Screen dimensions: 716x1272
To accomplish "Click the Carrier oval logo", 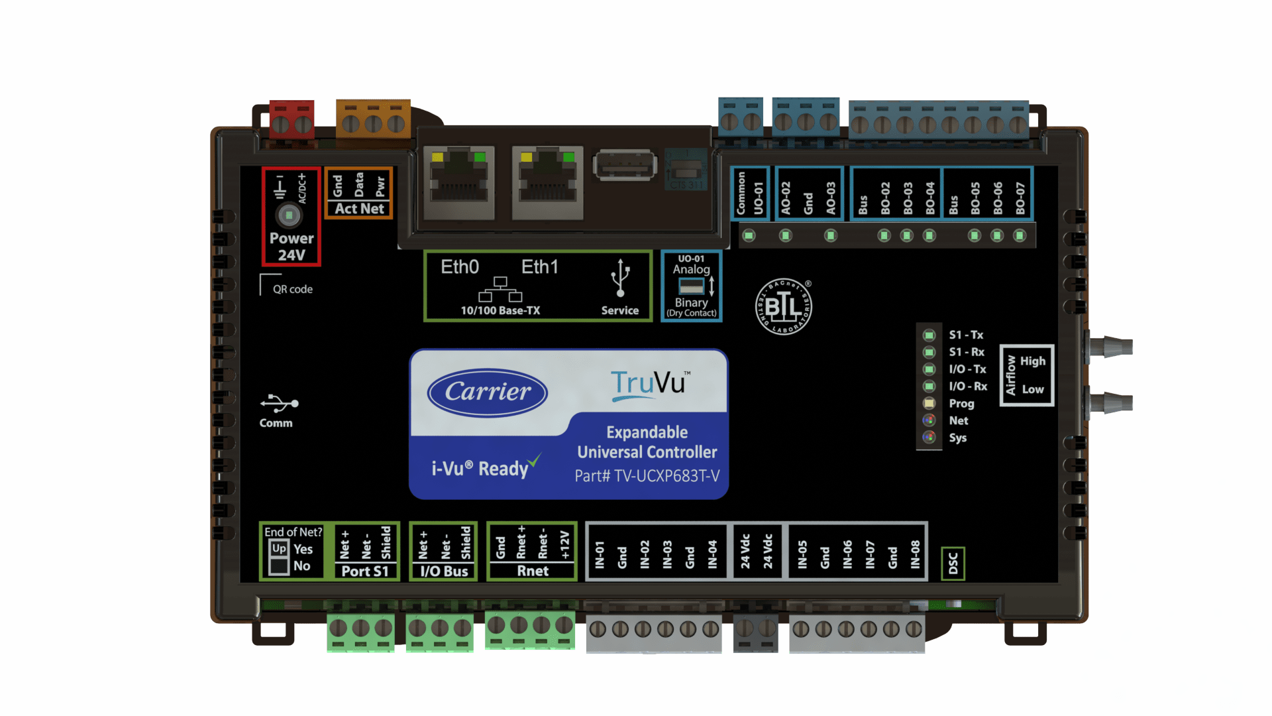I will [488, 392].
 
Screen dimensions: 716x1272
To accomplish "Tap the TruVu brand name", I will [648, 383].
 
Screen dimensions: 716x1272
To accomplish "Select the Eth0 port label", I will [460, 267].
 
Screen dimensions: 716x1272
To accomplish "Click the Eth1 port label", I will [539, 267].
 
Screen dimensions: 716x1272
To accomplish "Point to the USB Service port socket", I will [625, 166].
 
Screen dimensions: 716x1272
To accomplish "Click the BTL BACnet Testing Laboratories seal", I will [784, 307].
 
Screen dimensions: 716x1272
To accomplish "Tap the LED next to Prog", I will [929, 403].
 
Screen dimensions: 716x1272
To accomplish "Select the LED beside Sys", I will [929, 437].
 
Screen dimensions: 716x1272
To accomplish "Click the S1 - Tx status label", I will [966, 335].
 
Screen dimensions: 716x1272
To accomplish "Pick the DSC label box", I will [953, 564].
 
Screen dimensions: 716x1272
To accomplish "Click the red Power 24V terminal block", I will [291, 120].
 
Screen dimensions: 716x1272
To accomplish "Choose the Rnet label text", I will [533, 571].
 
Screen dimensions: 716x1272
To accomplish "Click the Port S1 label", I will [365, 571].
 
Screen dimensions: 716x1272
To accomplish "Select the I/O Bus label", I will [444, 571].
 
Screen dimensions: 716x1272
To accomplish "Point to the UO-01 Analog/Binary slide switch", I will [691, 286].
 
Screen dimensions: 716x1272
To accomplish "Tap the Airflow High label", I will [1032, 361].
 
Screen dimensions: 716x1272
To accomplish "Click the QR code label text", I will [293, 289].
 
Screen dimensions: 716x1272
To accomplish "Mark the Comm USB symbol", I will [279, 403].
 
